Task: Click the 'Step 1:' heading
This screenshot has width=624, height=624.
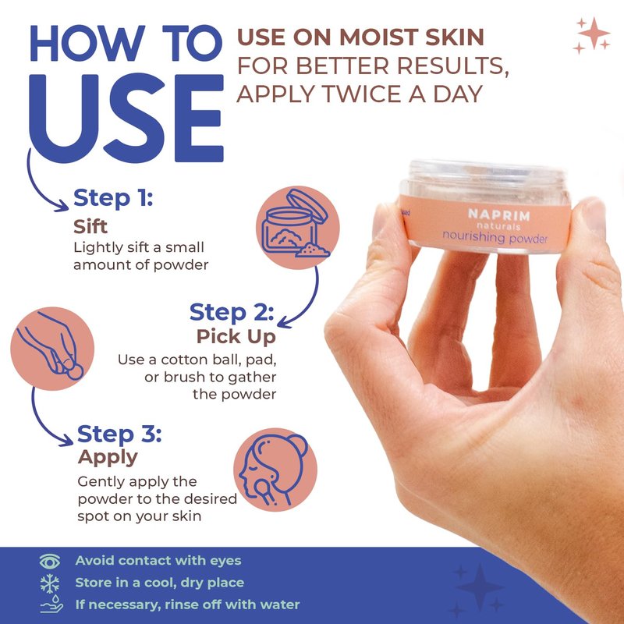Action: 113,197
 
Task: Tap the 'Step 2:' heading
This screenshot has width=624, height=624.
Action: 232,312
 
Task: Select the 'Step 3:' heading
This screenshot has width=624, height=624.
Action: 119,434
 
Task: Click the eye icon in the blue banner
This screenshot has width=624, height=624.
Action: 50,561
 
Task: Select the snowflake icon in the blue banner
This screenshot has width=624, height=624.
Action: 50,583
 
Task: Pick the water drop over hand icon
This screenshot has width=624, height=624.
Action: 51,604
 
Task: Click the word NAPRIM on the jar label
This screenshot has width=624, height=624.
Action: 499,215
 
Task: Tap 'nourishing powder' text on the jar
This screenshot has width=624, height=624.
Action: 495,237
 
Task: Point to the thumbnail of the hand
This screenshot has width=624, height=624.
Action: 594,215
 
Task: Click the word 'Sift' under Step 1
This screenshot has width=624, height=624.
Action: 90,226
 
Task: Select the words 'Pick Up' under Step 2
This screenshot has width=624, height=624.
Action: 236,337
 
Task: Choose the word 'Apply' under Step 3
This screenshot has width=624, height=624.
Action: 108,458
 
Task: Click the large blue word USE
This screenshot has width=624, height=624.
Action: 126,119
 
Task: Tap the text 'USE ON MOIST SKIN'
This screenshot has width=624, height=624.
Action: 360,37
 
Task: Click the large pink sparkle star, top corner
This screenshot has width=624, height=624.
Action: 594,33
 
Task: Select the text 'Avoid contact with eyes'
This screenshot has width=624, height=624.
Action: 158,560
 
